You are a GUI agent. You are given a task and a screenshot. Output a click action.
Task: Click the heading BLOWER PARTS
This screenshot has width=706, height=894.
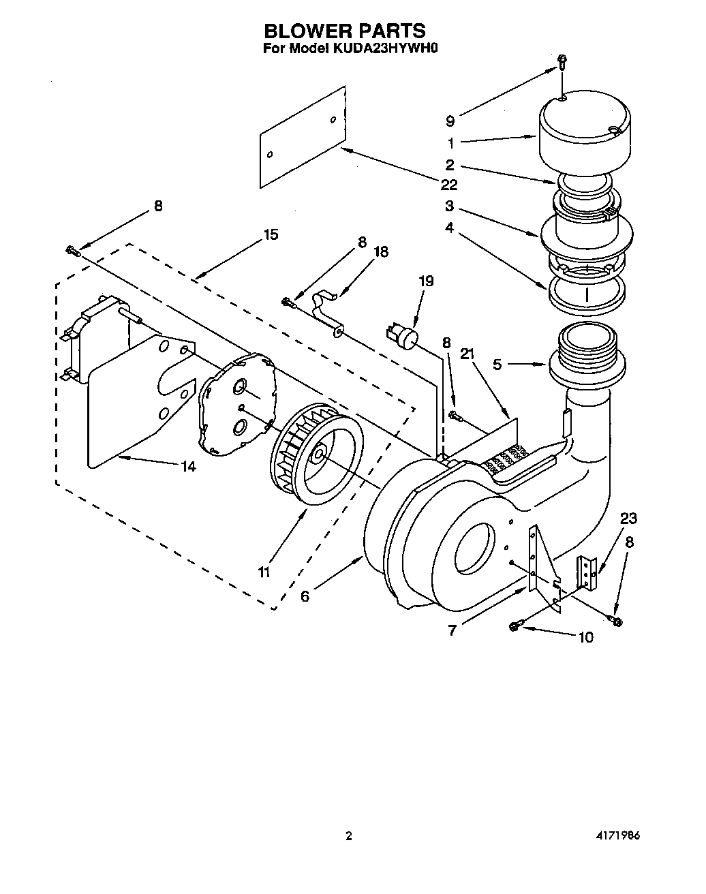(344, 31)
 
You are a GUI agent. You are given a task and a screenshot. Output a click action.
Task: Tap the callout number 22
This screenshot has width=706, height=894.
(448, 185)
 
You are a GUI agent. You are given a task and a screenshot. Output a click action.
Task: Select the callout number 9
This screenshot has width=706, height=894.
(450, 121)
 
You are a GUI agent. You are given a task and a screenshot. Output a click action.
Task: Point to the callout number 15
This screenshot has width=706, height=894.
(271, 234)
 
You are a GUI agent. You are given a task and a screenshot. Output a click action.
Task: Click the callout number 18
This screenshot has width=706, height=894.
(380, 252)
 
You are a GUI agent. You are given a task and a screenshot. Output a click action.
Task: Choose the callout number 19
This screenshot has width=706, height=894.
(426, 281)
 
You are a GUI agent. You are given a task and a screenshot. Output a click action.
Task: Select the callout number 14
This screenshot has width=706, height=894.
(188, 467)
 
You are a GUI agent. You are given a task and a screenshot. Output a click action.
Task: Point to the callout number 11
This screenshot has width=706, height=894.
(264, 571)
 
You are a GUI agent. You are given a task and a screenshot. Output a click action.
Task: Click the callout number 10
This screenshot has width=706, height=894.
(585, 638)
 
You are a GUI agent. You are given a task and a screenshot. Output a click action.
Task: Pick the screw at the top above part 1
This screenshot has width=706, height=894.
(562, 61)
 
